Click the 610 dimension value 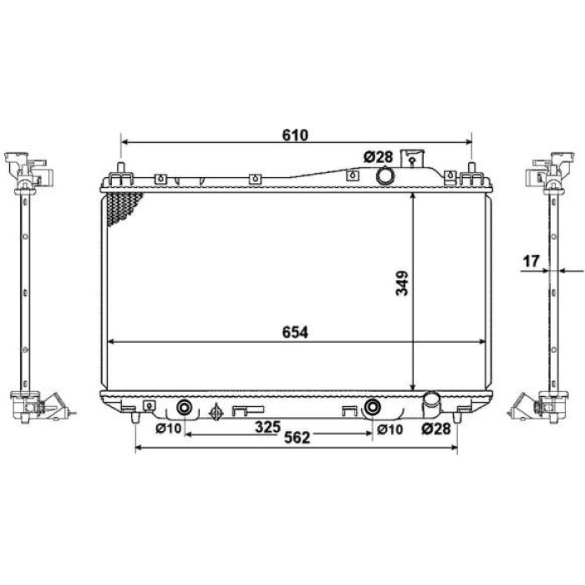295,135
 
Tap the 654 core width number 295,333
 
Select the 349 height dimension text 402,283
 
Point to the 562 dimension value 297,438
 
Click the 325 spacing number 267,427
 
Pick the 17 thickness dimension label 532,261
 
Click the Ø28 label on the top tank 379,157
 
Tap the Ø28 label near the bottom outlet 436,429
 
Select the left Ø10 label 168,429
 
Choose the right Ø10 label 390,430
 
